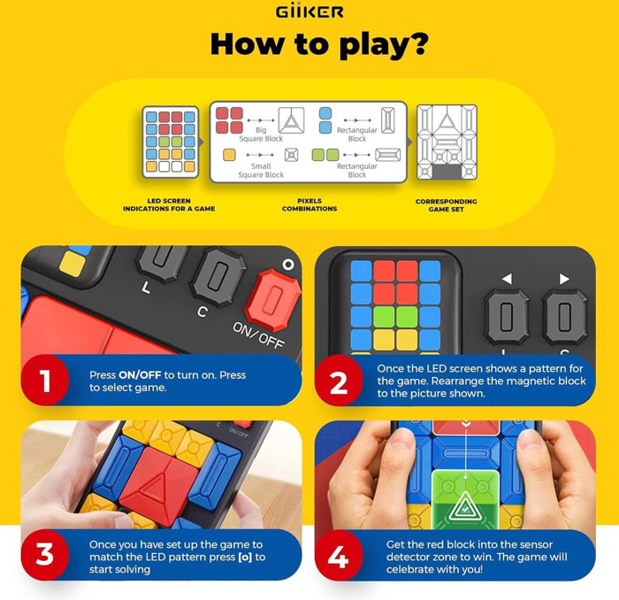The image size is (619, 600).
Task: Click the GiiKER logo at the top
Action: pyautogui.click(x=309, y=11)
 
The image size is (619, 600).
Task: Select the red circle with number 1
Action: pyautogui.click(x=45, y=380)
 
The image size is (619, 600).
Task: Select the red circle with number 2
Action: pyautogui.click(x=339, y=380)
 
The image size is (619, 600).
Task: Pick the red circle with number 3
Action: pyautogui.click(x=45, y=555)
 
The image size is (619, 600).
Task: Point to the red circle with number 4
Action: pyautogui.click(x=339, y=555)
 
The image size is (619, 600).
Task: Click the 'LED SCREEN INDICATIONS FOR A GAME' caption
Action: pyautogui.click(x=169, y=204)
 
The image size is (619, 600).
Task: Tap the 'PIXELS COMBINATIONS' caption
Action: pyautogui.click(x=309, y=204)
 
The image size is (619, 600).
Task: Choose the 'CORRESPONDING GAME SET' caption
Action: pyautogui.click(x=446, y=205)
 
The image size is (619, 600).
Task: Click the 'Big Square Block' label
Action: pyautogui.click(x=261, y=135)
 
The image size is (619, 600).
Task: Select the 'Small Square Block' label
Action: pyautogui.click(x=261, y=170)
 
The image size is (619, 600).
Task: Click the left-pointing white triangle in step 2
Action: pyautogui.click(x=507, y=279)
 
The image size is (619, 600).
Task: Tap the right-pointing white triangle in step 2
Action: pyautogui.click(x=564, y=279)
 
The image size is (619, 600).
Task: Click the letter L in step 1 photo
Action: pyautogui.click(x=146, y=288)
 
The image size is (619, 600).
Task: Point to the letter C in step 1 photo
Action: pyautogui.click(x=203, y=312)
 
